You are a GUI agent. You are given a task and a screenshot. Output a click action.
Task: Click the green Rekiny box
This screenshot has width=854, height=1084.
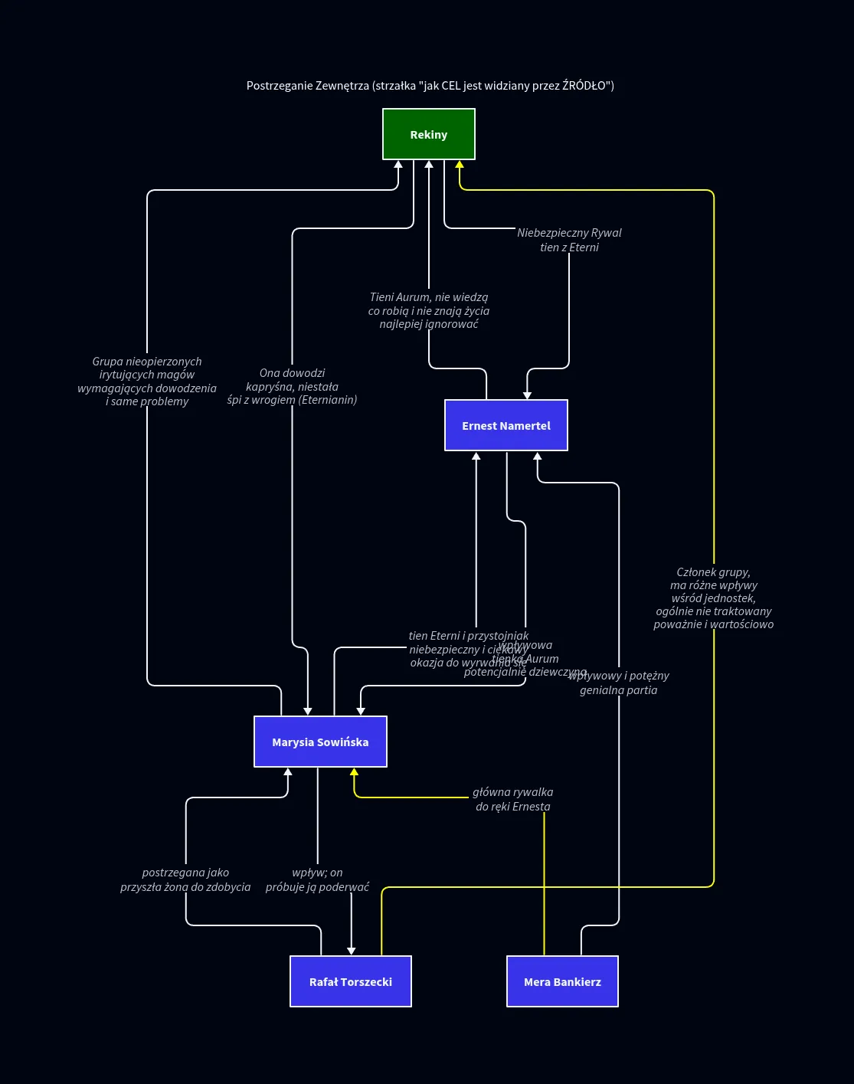click(429, 134)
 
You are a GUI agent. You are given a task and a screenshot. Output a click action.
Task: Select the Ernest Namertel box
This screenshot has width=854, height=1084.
click(506, 425)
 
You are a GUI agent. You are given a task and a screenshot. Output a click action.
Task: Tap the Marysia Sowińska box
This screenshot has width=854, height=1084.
click(320, 742)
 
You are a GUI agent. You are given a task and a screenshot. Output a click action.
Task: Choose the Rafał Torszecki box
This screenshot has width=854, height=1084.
click(351, 981)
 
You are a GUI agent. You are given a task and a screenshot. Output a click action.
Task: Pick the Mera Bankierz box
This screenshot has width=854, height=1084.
click(562, 981)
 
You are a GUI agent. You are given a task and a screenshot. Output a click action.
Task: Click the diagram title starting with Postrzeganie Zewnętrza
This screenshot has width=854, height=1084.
click(430, 85)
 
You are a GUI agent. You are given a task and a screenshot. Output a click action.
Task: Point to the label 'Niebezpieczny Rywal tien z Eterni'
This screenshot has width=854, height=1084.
click(569, 240)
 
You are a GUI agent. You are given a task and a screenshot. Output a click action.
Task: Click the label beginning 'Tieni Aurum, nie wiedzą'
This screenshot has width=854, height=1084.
click(429, 310)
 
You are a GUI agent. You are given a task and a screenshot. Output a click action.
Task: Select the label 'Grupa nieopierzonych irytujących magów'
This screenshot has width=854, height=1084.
click(147, 381)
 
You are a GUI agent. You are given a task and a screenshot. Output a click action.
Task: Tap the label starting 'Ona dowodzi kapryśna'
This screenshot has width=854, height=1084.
click(292, 386)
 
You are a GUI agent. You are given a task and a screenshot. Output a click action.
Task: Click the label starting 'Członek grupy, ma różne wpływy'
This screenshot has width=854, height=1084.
click(713, 598)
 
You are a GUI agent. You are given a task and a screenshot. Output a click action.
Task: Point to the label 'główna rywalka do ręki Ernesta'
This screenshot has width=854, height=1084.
click(512, 799)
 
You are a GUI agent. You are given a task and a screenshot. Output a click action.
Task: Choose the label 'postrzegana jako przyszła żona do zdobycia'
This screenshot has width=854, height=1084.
click(185, 879)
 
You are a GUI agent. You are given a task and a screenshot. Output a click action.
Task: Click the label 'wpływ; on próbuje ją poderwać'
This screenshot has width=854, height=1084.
click(317, 879)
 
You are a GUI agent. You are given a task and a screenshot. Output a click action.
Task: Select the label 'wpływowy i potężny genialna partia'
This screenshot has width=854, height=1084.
click(619, 683)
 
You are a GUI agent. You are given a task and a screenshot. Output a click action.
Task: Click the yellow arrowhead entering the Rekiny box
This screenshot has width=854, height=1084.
click(460, 165)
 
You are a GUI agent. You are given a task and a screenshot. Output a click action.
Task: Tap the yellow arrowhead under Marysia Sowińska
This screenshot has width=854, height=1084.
click(354, 772)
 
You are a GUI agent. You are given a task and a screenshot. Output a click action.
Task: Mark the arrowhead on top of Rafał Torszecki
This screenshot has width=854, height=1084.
click(352, 951)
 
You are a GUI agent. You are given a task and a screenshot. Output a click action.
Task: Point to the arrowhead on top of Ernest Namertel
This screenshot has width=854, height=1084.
click(527, 395)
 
